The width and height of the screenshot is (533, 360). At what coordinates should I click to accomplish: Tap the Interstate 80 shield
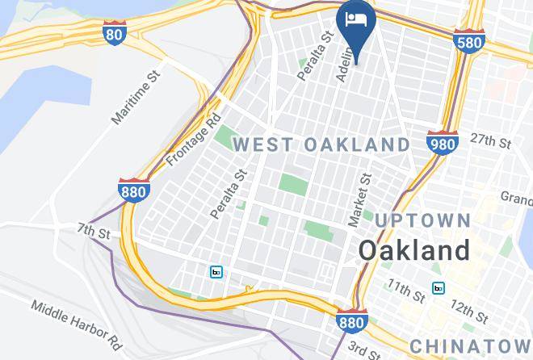[x=115, y=33]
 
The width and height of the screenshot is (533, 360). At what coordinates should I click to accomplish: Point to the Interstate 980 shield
[x=442, y=142]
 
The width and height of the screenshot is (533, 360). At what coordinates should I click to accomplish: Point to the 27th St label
[x=492, y=141]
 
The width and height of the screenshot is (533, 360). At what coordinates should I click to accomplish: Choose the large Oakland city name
[x=414, y=249]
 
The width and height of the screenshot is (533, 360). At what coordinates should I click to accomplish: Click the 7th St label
[x=94, y=232]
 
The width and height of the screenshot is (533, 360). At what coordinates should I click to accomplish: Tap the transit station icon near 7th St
[x=216, y=272]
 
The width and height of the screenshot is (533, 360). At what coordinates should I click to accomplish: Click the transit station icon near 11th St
[x=439, y=288]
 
